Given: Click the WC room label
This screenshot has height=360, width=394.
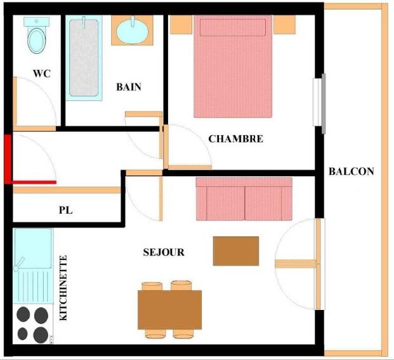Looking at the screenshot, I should (42, 74).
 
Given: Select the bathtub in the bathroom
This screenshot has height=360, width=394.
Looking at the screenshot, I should (84, 58).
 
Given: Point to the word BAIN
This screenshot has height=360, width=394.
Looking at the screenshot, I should (128, 87).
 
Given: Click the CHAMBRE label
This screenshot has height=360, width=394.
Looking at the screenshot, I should (235, 139).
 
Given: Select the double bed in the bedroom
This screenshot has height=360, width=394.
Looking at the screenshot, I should (233, 67).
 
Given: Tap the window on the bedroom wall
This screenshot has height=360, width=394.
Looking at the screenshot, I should (323, 103).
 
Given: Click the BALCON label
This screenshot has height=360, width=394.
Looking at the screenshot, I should (351, 171).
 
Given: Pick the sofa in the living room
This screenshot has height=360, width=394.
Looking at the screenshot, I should (244, 198).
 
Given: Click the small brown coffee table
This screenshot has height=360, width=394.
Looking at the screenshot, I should (236, 251).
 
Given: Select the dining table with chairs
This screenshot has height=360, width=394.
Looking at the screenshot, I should (169, 309).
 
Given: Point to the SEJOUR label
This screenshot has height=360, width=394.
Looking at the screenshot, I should (164, 252).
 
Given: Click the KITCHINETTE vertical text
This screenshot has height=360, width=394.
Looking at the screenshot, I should (63, 288).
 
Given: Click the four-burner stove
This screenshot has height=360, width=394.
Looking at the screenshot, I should (32, 323).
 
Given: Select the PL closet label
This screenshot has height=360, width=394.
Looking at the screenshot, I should (65, 210).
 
